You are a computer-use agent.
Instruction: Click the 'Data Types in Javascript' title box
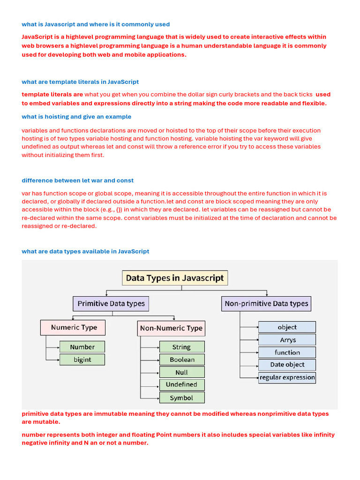point(175,278)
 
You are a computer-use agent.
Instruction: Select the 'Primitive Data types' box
point(111,304)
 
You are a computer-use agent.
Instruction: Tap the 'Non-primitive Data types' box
point(266,304)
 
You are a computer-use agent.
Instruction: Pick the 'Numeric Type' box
point(73,328)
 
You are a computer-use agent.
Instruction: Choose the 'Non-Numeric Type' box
point(171,328)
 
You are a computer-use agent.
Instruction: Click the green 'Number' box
point(82,347)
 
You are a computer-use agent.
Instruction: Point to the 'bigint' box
point(82,360)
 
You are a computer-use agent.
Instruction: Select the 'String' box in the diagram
point(182,347)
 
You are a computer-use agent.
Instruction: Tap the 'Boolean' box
point(182,360)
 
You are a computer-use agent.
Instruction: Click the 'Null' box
point(182,372)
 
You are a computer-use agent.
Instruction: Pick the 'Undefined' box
point(182,385)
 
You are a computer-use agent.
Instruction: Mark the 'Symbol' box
point(182,397)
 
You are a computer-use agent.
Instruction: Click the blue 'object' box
point(287,327)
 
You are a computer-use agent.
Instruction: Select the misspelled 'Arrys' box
point(287,340)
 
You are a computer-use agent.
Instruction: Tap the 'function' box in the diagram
point(287,352)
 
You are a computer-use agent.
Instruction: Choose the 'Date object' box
point(287,365)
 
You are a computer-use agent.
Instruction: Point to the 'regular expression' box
point(287,377)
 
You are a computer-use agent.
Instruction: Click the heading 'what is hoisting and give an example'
point(76,117)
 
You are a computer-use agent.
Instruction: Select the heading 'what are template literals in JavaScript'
point(80,82)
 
